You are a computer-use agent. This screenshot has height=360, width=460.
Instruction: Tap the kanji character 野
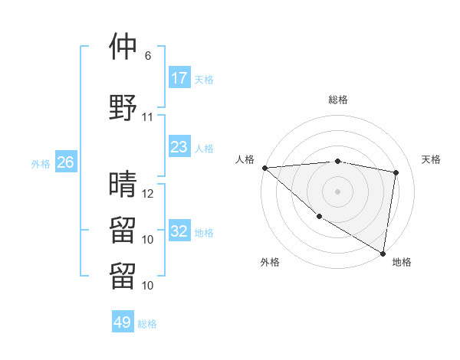click(x=123, y=106)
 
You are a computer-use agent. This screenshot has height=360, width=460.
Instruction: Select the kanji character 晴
click(x=123, y=184)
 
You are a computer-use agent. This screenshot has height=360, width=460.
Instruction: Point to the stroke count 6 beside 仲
click(x=148, y=56)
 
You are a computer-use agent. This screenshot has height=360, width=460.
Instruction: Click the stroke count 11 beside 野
click(x=148, y=117)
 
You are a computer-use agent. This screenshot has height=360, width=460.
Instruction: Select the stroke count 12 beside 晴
click(x=148, y=194)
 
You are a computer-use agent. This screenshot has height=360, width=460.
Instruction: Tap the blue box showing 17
click(x=179, y=78)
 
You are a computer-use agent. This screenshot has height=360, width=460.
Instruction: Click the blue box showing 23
click(x=179, y=147)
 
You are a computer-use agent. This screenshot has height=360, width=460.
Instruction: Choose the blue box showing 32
click(x=179, y=231)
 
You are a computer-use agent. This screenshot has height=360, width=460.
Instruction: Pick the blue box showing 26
click(x=65, y=162)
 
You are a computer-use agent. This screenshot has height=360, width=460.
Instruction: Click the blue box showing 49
click(x=123, y=322)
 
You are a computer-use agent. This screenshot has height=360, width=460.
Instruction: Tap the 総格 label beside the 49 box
click(x=147, y=324)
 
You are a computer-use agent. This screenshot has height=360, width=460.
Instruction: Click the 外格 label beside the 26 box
click(x=41, y=163)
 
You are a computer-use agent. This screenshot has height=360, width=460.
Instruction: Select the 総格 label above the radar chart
click(x=338, y=100)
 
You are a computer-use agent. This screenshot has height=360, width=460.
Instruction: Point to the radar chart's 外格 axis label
click(x=270, y=262)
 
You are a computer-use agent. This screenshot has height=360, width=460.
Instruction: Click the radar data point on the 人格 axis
click(x=264, y=167)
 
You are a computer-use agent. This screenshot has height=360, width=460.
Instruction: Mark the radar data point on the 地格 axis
click(x=383, y=252)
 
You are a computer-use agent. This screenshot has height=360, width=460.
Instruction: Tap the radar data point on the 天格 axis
click(x=396, y=172)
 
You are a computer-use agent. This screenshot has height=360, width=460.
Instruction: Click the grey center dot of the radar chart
click(x=337, y=191)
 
